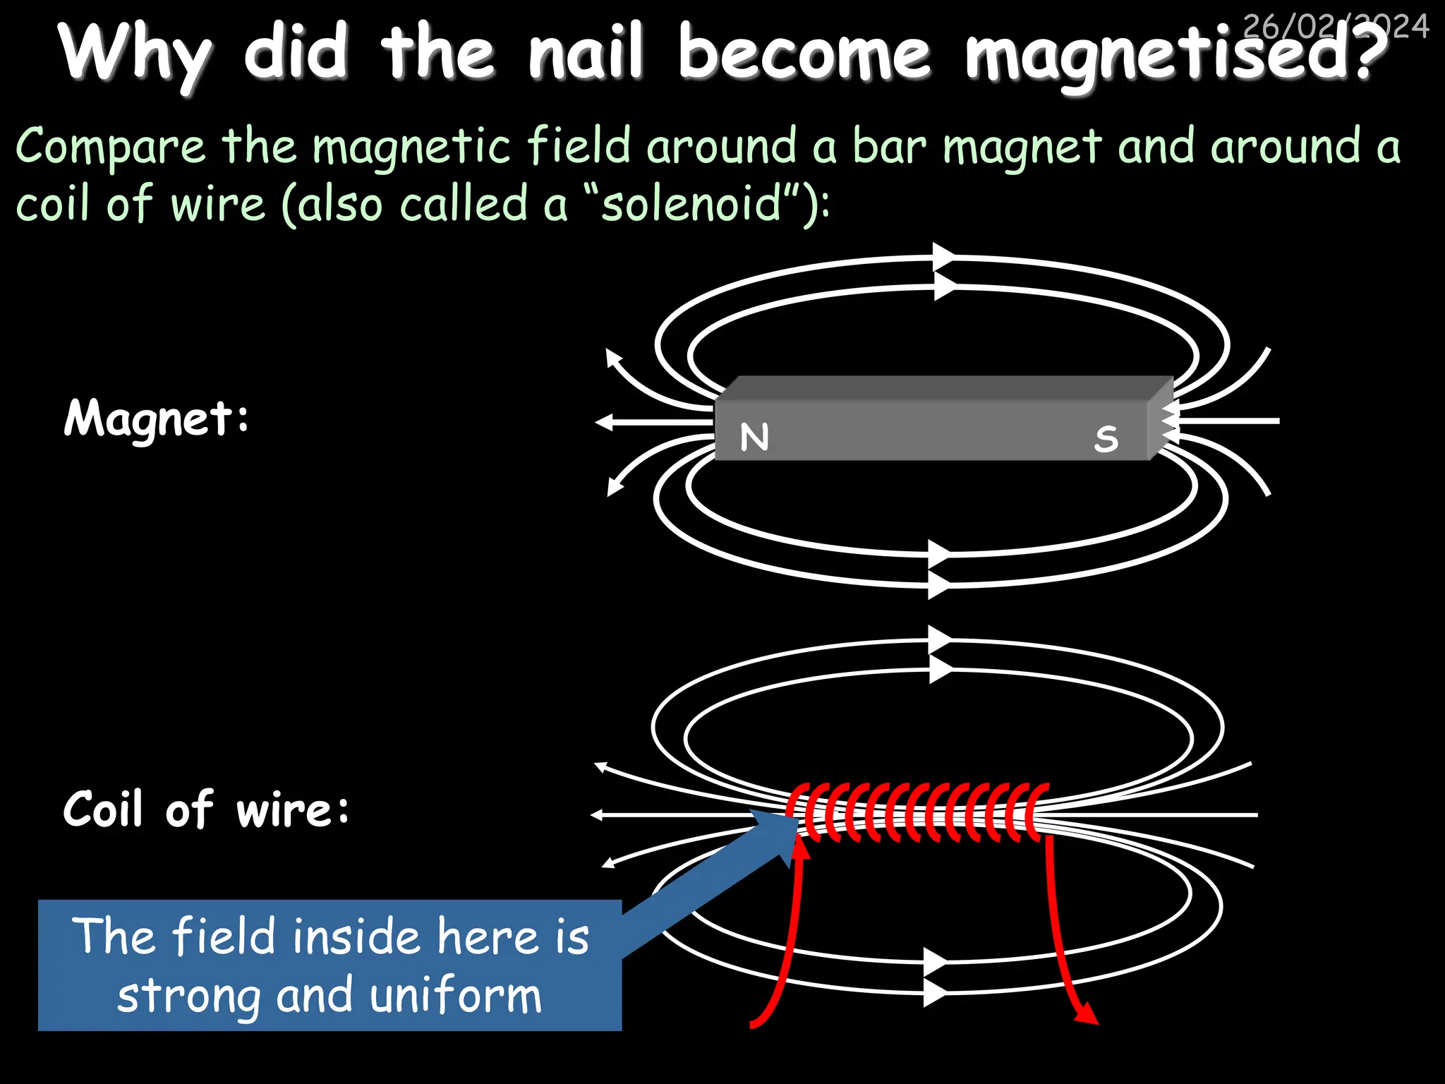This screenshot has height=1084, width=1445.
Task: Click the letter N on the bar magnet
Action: (x=754, y=437)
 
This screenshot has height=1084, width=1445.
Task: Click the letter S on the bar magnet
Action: (x=1106, y=438)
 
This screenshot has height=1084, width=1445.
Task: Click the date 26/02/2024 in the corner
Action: (x=1336, y=26)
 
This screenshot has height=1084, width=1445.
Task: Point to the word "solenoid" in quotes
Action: (x=691, y=205)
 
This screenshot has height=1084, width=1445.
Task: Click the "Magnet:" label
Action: (x=157, y=418)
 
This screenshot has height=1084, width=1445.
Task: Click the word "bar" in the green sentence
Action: (x=888, y=147)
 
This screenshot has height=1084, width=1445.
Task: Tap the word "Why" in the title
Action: (x=135, y=54)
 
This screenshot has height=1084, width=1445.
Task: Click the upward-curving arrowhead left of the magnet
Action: (x=613, y=359)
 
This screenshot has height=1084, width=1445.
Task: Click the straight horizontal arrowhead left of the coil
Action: (x=598, y=814)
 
